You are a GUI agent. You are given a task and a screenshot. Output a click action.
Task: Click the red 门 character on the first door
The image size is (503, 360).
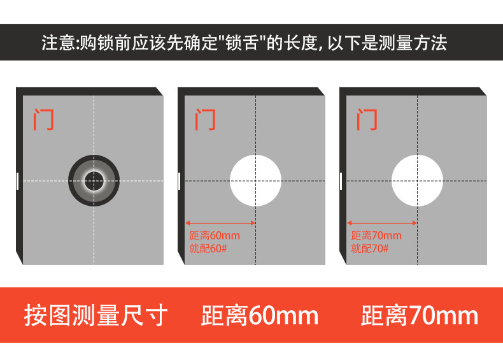43,119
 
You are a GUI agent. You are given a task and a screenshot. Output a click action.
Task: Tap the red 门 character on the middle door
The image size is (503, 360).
205,119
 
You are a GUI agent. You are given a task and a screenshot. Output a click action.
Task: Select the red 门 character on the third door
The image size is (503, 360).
367,119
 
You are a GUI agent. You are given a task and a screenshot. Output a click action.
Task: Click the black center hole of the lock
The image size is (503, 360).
94,181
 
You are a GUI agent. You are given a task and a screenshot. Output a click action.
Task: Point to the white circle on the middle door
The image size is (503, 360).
256,180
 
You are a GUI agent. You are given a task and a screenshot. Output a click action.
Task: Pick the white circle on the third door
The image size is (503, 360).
417,180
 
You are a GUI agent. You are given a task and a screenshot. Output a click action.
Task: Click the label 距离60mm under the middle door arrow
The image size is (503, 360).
215,235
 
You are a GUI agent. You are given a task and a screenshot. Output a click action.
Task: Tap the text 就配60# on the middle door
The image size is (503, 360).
208,248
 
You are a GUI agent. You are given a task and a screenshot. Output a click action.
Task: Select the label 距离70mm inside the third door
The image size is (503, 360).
376,235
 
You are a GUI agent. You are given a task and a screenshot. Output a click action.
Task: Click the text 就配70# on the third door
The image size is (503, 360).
370,248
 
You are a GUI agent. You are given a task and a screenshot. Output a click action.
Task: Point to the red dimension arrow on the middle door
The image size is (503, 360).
220,223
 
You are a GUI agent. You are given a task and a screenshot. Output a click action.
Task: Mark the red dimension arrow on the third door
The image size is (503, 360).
382,223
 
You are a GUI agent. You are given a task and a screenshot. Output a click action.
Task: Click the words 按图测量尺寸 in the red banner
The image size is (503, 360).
96,315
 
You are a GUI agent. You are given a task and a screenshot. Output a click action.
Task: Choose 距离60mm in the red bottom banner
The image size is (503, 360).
260,315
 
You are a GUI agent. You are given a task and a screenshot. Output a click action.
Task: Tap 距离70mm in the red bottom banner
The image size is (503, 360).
420,315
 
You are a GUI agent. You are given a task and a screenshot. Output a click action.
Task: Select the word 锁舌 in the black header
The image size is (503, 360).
242,43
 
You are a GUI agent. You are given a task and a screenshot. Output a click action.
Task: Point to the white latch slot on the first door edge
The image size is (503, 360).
18,181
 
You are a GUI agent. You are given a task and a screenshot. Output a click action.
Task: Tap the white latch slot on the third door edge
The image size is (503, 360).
341,181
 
